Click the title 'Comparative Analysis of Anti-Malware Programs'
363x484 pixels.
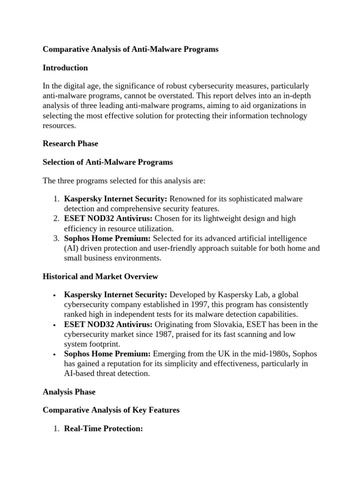click(130, 49)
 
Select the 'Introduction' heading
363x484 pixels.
click(65, 68)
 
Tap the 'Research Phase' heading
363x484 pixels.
click(70, 143)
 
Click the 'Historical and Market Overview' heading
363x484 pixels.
click(100, 276)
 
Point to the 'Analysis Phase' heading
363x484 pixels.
click(69, 391)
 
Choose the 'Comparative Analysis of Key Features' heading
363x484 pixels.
click(111, 410)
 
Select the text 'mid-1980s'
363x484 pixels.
click(261, 354)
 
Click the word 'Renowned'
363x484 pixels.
click(187, 199)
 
